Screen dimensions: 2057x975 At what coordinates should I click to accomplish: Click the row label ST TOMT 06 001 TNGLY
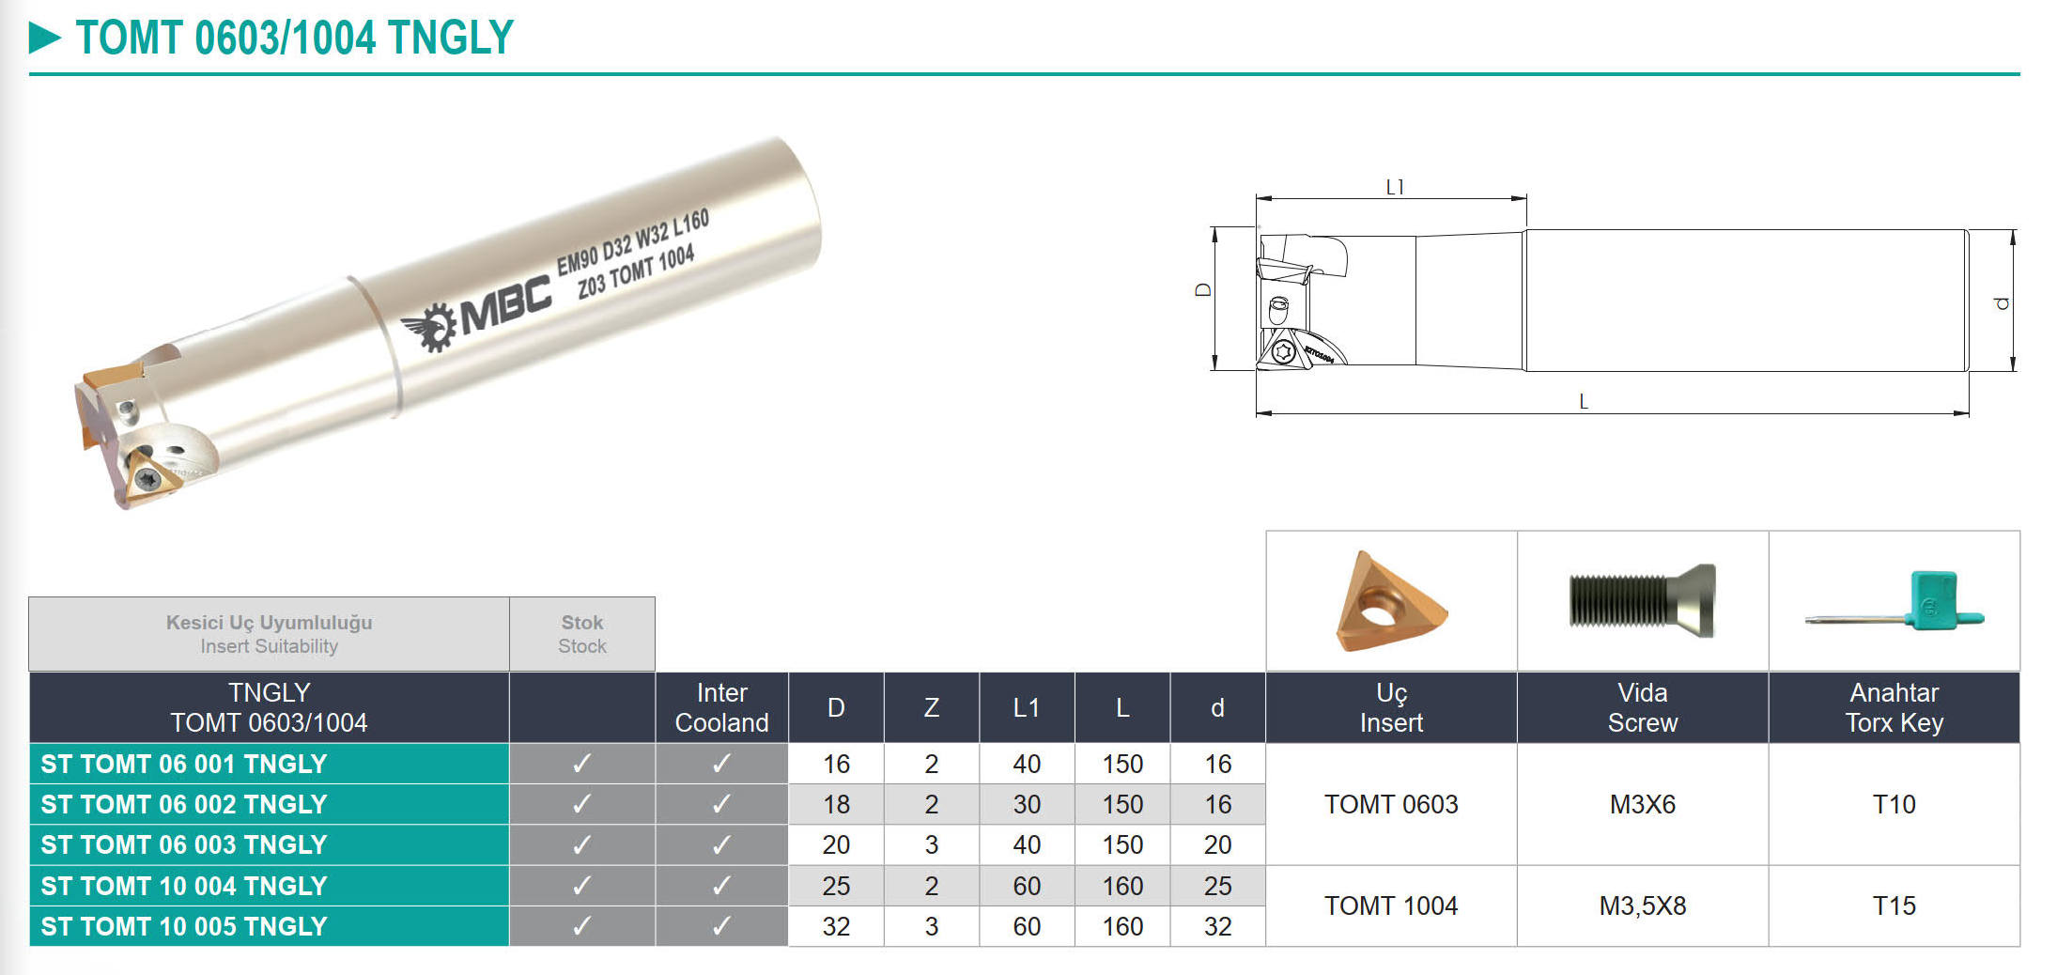(184, 764)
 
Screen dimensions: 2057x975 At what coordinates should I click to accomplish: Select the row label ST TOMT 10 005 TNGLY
(184, 926)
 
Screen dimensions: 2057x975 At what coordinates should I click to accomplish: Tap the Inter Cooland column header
(721, 707)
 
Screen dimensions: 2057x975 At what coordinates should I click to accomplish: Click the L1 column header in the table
(1027, 707)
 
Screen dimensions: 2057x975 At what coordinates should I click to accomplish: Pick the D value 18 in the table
(836, 804)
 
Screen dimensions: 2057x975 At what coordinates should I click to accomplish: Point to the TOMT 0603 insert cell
(1391, 804)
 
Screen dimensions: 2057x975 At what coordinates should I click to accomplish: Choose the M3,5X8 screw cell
(1643, 905)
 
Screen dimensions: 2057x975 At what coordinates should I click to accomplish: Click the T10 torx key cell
(1894, 804)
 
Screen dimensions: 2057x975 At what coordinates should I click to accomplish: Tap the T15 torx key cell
(1894, 905)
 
